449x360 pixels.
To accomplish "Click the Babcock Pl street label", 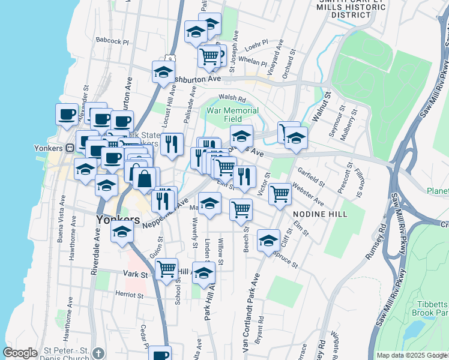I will (112, 41).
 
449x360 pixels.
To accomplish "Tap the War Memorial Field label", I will (233, 115).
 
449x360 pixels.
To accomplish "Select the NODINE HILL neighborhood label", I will (317, 214).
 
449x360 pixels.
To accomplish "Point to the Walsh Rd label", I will (232, 98).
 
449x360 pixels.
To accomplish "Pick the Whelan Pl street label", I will (252, 62).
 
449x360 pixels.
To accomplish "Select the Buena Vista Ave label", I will (60, 225).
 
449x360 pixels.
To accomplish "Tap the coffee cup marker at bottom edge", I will (160, 354).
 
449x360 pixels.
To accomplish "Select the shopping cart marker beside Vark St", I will (166, 268).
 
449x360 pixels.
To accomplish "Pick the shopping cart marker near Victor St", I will (280, 194).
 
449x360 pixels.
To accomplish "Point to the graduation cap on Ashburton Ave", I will (163, 72).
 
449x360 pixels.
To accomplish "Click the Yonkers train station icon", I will (70, 148).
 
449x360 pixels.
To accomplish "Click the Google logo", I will (20, 353).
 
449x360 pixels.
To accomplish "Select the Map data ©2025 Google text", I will (412, 355).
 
